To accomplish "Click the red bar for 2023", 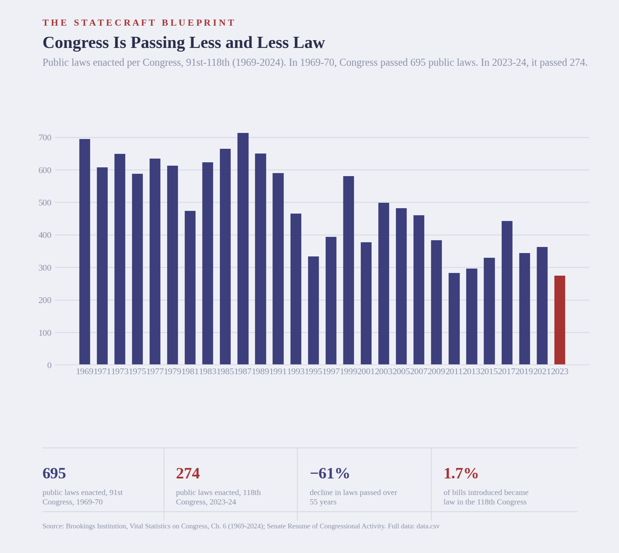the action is click(x=560, y=320).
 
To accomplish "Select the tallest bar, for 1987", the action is click(x=243, y=249).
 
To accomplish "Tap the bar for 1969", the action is click(x=84, y=252).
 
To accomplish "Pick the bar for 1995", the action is click(x=313, y=310).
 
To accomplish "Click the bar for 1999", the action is click(x=348, y=270).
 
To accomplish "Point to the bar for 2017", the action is click(x=507, y=293).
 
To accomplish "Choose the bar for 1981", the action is click(x=190, y=287).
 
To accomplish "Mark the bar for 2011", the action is click(x=454, y=319).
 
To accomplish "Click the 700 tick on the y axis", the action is click(x=45, y=138).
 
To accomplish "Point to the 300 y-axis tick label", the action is click(x=45, y=268).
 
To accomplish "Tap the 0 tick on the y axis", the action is click(x=49, y=365).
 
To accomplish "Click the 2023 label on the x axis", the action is click(x=560, y=371).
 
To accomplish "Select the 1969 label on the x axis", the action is click(x=85, y=371).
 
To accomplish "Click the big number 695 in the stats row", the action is click(x=54, y=473).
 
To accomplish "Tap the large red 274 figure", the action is click(x=188, y=473).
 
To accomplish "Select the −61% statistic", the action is click(x=329, y=473).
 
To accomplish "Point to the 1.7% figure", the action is click(x=461, y=473).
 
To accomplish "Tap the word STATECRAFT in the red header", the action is click(x=115, y=23).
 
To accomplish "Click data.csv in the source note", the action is click(x=428, y=526).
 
